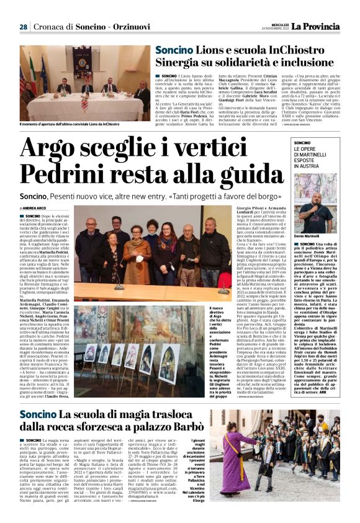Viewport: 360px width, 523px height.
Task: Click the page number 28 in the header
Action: pos(23,27)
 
